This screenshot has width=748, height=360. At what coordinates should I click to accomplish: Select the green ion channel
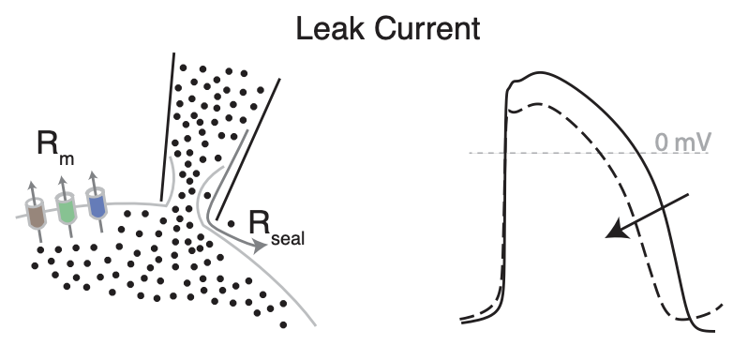[66, 208]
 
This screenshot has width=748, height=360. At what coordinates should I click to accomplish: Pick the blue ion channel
[95, 203]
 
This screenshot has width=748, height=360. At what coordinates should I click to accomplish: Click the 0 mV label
[681, 143]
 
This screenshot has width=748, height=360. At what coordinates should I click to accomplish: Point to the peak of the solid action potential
[534, 72]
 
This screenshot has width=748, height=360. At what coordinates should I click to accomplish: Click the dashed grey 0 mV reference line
[562, 153]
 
